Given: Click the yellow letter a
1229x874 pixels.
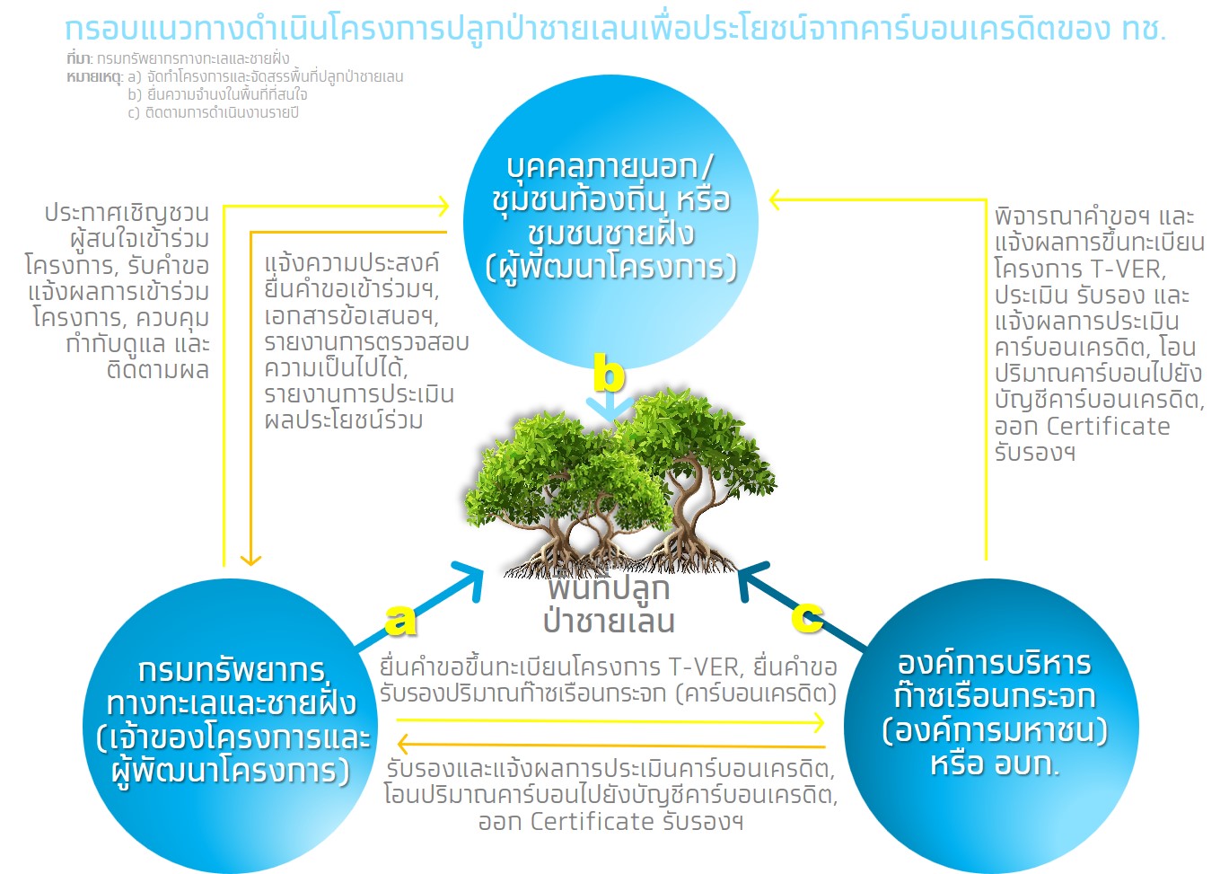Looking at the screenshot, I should coord(400,619).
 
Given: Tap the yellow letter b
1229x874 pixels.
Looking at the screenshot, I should coord(609,373).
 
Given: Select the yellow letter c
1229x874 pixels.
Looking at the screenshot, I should coord(807,615).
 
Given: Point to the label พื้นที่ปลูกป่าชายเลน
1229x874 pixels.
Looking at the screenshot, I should coord(609,605).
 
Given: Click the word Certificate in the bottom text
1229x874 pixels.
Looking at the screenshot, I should coord(593,822).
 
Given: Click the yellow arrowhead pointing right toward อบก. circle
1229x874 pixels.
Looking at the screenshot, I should coord(818,721).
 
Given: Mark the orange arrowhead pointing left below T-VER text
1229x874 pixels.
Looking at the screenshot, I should coord(403,744).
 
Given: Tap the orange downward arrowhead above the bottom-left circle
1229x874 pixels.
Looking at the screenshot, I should coord(250,559).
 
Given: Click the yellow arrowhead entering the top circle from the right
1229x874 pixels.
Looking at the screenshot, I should coord(777,200).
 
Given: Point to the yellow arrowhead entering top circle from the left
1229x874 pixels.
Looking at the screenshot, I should coord(442,206).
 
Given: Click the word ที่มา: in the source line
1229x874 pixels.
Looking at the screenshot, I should coord(79,58).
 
